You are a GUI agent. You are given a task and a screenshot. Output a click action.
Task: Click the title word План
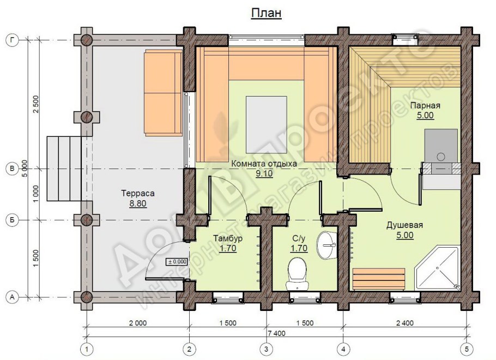coord(267,13)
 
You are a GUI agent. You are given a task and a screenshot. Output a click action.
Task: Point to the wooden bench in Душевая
coord(379,279)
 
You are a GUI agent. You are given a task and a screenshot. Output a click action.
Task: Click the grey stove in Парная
coord(441,146)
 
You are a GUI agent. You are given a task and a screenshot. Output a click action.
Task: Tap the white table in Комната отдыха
coord(267,124)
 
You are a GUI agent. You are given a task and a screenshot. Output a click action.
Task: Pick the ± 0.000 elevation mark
coord(177,262)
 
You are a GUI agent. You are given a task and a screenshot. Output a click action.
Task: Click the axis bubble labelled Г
coord(13,40)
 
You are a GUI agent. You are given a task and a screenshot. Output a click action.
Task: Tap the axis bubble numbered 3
coord(267,349)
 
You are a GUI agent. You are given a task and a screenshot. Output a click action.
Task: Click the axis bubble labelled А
coord(13,297)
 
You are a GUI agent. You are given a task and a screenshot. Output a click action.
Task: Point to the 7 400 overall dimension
coord(276,333)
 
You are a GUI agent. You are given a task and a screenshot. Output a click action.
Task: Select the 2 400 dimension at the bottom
coord(405,323)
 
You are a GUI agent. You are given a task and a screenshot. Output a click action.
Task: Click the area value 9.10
coord(264,173)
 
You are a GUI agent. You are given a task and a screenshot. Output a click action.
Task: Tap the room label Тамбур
coord(228,238)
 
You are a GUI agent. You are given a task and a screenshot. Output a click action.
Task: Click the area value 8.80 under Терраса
coord(137,203)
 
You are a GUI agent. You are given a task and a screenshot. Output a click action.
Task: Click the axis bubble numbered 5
coord(467,349)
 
